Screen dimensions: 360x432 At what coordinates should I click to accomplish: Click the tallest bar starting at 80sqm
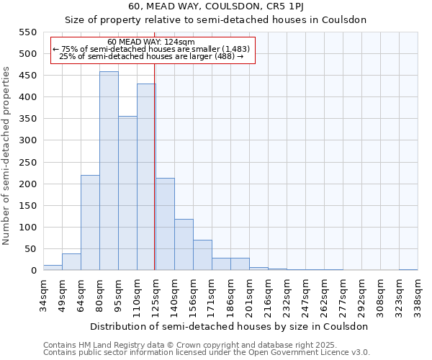coord(109,171)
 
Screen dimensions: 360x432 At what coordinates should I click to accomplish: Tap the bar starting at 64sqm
coord(90,222)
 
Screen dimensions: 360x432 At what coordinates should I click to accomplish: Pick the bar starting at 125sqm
coord(165,224)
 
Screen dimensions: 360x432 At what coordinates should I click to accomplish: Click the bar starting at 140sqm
coord(184,244)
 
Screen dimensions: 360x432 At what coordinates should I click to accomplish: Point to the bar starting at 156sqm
coord(202,255)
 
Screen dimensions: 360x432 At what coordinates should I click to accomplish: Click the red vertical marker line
coord(155,180)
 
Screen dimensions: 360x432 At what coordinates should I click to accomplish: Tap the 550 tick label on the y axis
coord(27,32)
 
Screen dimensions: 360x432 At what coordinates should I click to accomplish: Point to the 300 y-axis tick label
coord(27,140)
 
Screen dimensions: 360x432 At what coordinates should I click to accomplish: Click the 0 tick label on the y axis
coord(33,271)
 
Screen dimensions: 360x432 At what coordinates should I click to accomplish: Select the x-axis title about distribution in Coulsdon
coord(230,326)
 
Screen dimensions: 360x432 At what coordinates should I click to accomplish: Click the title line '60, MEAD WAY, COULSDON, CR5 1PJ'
coord(215,6)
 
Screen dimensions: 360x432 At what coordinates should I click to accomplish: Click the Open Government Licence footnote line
coord(206,352)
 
